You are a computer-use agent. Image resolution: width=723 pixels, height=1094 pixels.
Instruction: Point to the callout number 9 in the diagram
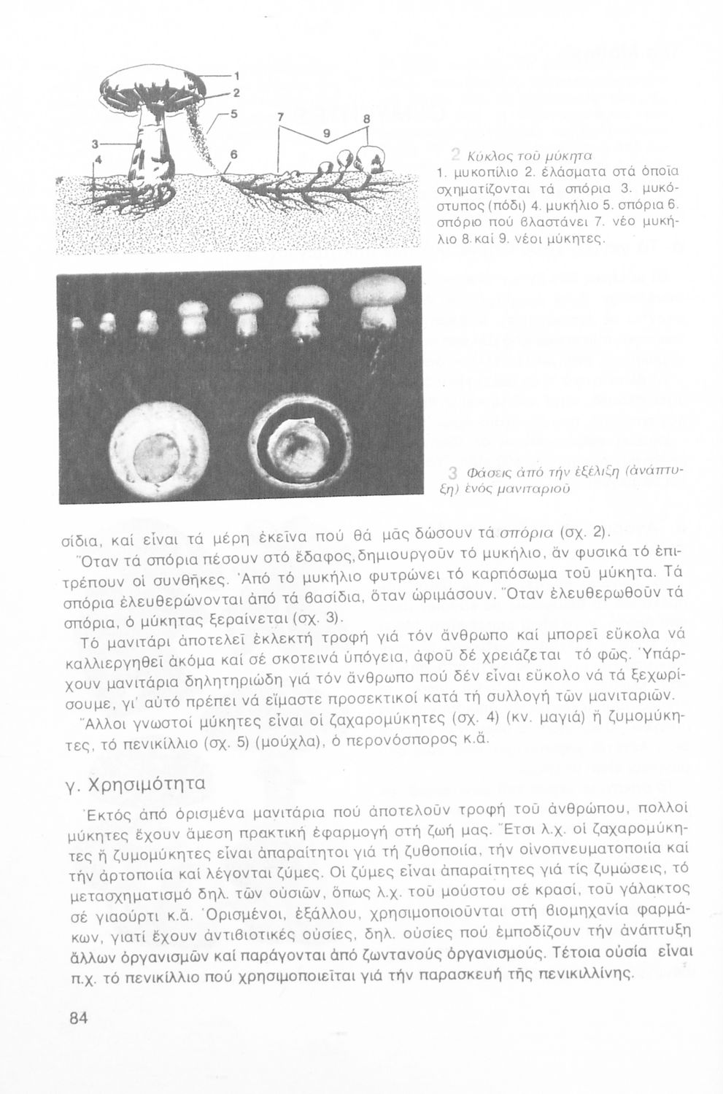click(x=326, y=133)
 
